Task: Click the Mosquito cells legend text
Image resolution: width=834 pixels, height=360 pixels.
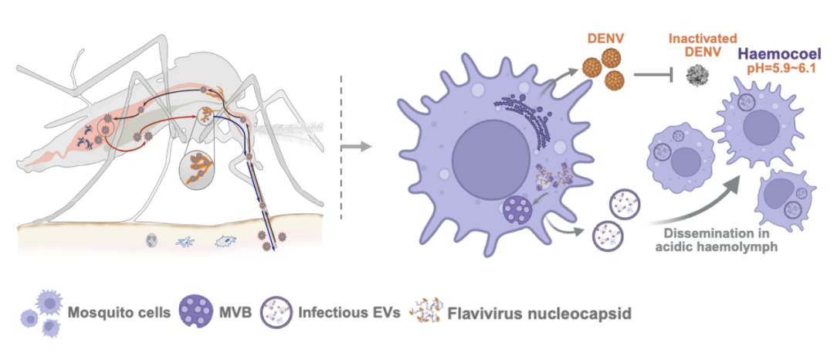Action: (117, 314)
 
